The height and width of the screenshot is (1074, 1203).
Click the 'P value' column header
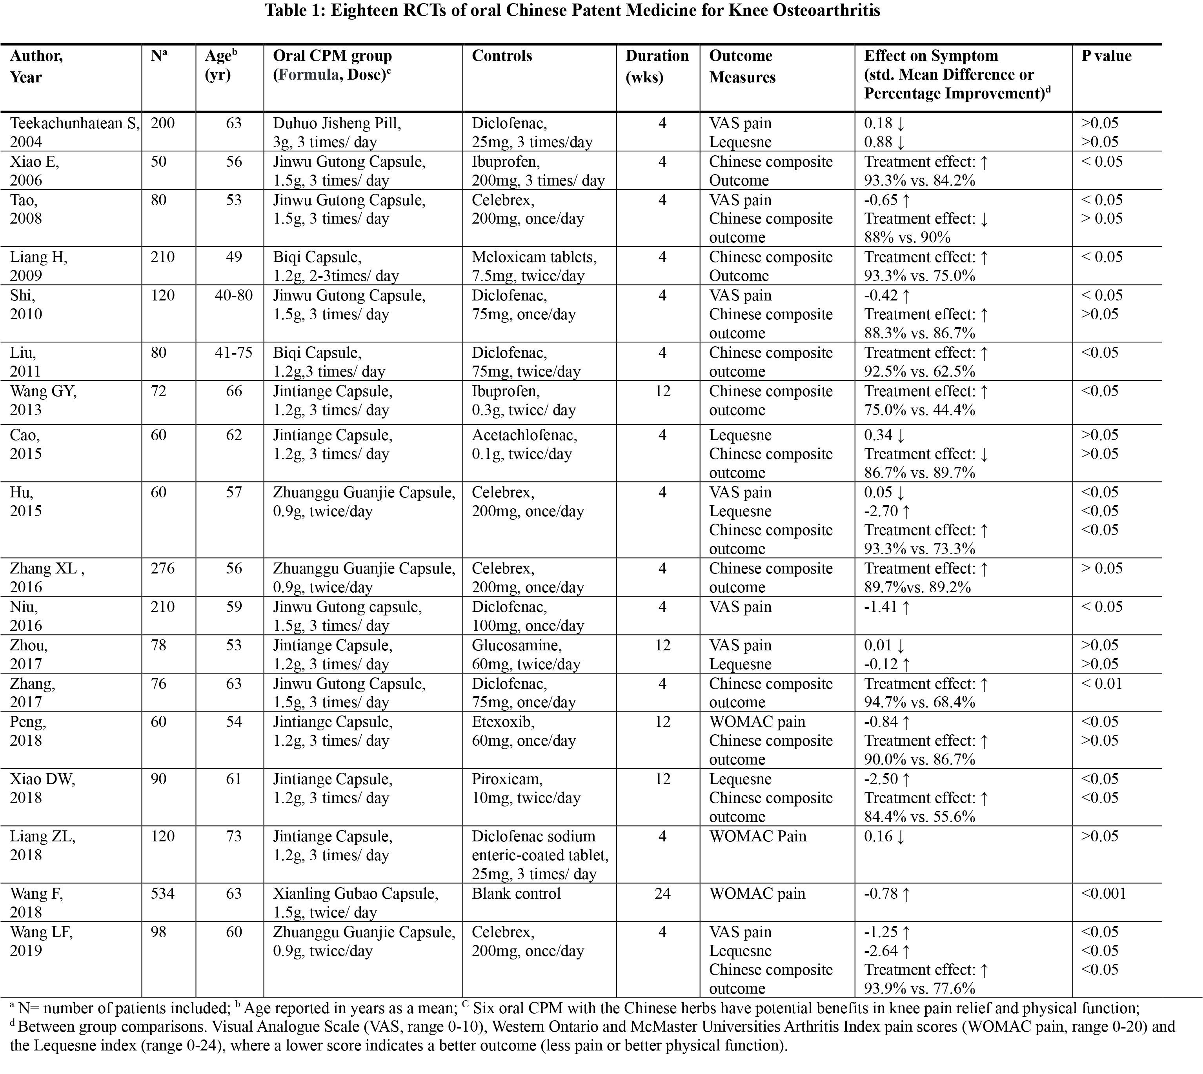click(x=1106, y=56)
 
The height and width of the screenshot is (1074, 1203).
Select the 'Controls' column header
click(x=502, y=56)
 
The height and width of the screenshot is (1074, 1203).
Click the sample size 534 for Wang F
click(x=162, y=894)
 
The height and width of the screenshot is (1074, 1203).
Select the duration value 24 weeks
click(x=662, y=894)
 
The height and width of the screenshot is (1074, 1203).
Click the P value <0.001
click(x=1103, y=894)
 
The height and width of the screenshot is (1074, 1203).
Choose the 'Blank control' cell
click(x=516, y=894)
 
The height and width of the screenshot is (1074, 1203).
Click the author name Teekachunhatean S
click(x=75, y=123)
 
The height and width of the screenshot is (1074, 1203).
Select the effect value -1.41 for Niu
click(x=881, y=607)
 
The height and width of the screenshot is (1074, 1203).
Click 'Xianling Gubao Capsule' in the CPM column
click(x=355, y=894)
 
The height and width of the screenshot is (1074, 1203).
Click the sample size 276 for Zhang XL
click(x=162, y=568)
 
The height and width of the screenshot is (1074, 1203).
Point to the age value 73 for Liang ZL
click(x=234, y=836)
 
